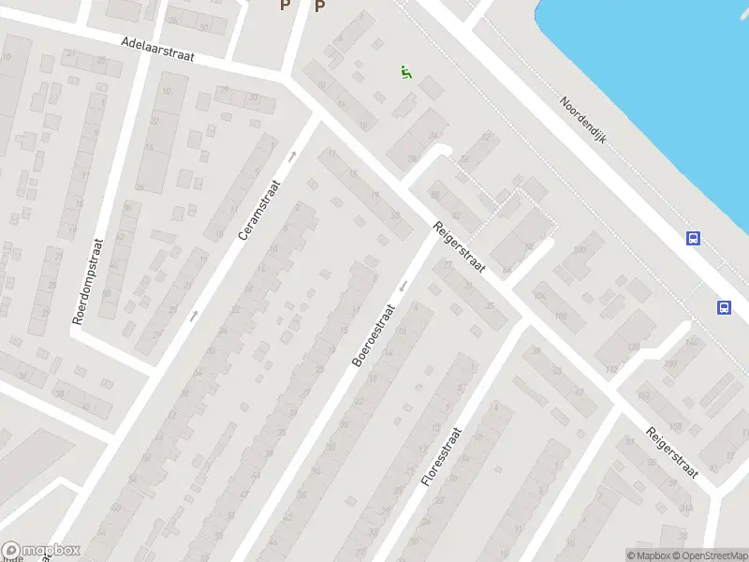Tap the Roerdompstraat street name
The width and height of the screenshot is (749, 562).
90,280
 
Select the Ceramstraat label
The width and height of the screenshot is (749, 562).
259,208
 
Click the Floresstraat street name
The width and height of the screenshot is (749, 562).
444,452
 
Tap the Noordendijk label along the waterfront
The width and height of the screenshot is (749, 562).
583,120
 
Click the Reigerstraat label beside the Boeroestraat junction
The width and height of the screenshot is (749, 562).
458,247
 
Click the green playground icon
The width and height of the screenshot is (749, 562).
405,73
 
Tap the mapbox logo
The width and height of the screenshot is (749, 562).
41,551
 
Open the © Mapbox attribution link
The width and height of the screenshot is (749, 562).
648,555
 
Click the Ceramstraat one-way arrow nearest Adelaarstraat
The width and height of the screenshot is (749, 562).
292,156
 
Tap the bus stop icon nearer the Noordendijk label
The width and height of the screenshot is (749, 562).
693,239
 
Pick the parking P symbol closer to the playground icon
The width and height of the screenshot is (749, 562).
319,7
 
